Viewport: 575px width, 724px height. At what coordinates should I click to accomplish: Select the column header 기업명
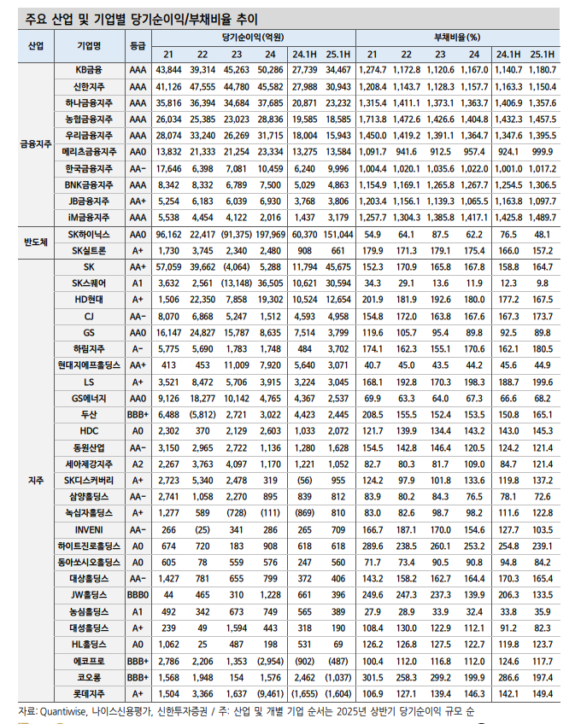point(88,44)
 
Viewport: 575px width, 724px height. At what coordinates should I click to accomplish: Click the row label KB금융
point(88,68)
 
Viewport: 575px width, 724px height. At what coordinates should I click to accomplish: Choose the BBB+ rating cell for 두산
point(137,414)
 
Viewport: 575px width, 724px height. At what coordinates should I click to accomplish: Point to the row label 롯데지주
point(88,693)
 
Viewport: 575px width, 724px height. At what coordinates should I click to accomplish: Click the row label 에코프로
point(88,660)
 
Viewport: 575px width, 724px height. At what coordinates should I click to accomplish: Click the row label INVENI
point(88,528)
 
